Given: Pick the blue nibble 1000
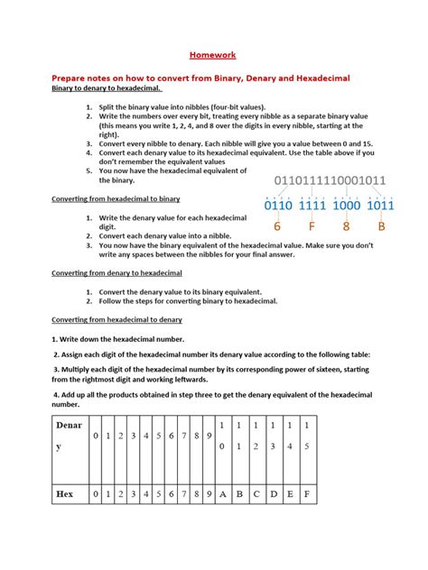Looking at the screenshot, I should (x=346, y=206).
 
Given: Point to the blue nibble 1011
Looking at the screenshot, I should (x=381, y=206).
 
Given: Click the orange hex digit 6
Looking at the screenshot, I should (x=277, y=226).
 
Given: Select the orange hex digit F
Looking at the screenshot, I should (x=312, y=226).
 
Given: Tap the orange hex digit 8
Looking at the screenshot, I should (x=347, y=226).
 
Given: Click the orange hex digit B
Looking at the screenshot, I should (x=381, y=226).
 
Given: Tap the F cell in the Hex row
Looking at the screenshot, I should (x=308, y=493).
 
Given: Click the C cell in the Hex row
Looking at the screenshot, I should (x=256, y=493).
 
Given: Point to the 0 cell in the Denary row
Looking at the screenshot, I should (x=96, y=437).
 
